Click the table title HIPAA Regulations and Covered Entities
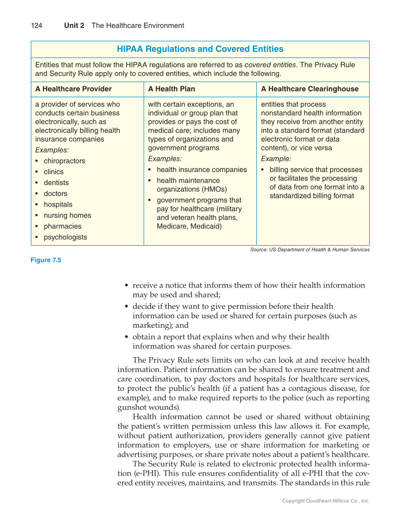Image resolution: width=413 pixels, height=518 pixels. point(200,49)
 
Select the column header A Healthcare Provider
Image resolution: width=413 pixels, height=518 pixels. point(73,89)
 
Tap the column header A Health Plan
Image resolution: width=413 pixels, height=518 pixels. point(172,89)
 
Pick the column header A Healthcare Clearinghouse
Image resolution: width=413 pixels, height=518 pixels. point(310,89)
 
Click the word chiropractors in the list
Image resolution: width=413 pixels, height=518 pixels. point(64,161)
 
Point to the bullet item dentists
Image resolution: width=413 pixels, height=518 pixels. point(56,183)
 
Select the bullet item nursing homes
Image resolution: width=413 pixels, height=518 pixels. point(67,215)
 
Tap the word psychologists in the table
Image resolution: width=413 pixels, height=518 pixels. point(65,237)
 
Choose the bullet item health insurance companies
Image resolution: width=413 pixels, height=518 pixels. point(202,170)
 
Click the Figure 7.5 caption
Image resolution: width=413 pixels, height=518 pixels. point(46,260)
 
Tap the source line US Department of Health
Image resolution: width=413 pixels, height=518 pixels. point(310,250)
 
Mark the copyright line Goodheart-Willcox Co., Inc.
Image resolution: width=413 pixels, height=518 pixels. point(326,501)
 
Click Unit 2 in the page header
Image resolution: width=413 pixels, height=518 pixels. point(74,26)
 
